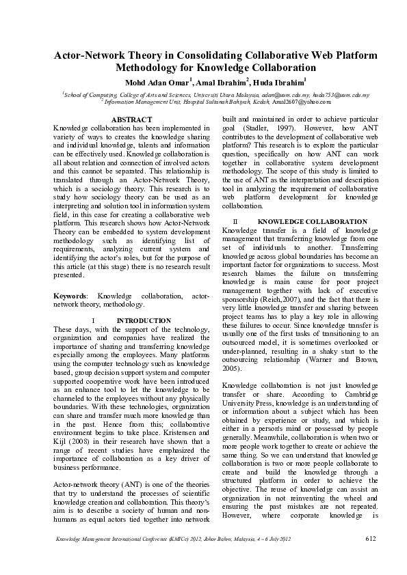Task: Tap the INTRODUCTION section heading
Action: click(144, 320)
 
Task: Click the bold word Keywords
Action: click(71, 296)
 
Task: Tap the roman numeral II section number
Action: click(235, 223)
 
